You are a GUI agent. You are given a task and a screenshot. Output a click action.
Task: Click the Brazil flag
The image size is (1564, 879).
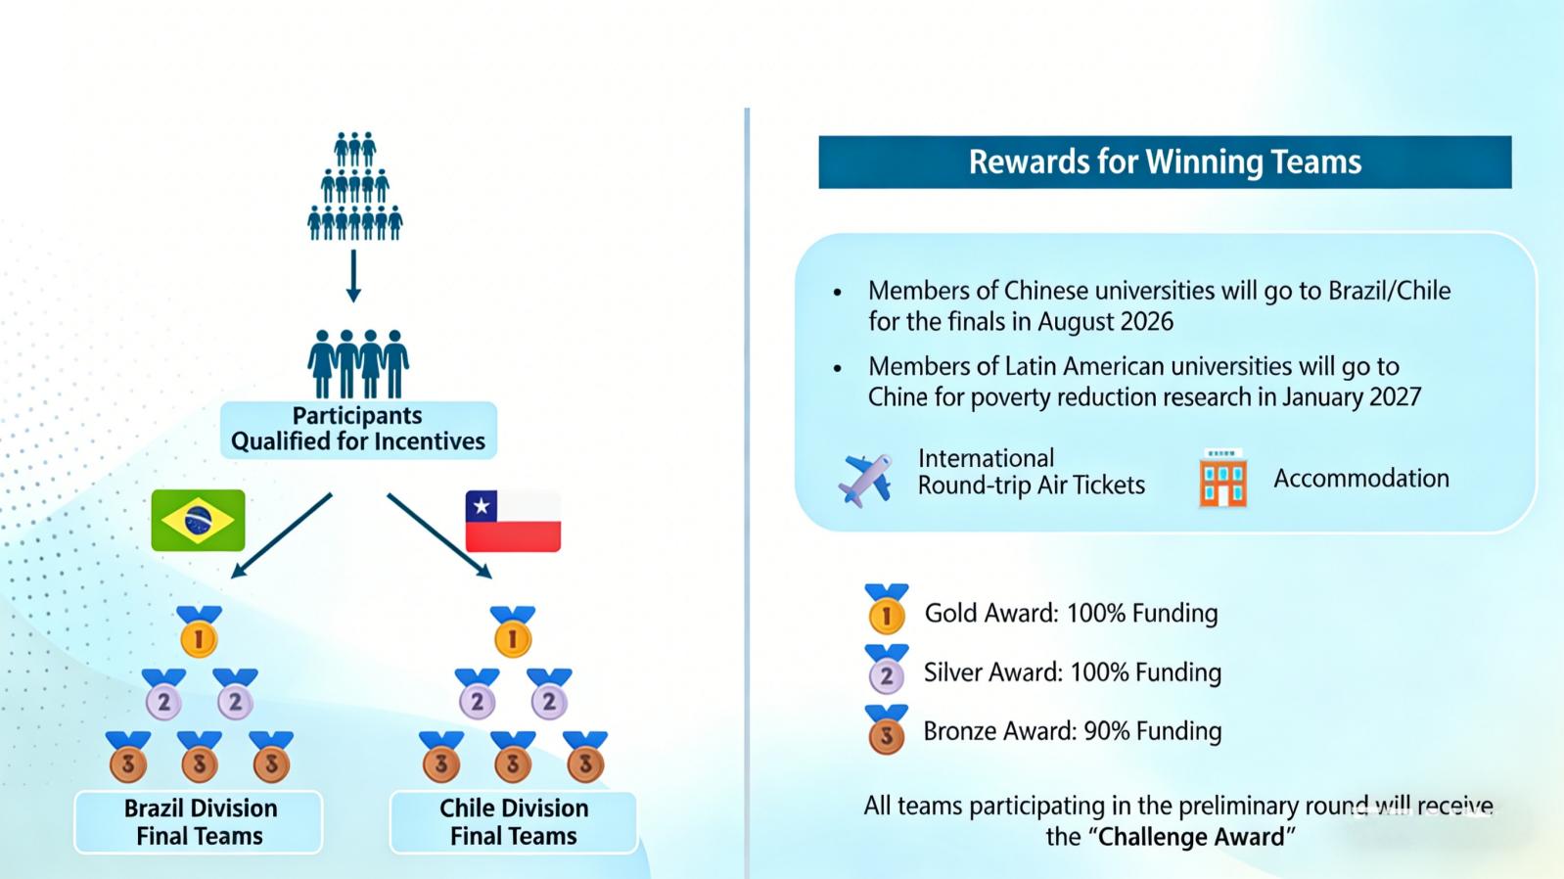[199, 520]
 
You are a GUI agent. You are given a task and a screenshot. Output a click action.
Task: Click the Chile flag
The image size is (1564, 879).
[513, 521]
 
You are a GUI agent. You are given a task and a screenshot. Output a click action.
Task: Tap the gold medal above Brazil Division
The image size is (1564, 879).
[199, 632]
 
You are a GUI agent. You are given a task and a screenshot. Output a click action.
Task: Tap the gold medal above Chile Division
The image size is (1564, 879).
[513, 632]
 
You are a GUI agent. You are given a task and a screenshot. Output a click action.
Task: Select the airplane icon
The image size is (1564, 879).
[866, 480]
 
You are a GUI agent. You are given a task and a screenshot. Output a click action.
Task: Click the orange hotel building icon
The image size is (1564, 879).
[1223, 479]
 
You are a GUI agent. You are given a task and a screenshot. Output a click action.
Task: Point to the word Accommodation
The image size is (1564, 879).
[1361, 479]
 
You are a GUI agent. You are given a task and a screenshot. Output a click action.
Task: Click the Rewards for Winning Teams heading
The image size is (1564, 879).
[1165, 162]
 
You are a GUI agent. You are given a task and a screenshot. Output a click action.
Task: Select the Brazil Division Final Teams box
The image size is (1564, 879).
[199, 822]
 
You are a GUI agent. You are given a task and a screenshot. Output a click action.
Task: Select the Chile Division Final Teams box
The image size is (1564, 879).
[513, 822]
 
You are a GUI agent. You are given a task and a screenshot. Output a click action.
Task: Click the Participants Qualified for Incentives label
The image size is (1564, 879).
[358, 430]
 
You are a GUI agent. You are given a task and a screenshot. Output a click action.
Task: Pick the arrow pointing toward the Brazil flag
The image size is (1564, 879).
[281, 535]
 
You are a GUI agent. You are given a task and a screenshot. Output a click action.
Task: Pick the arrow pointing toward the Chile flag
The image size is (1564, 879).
[439, 535]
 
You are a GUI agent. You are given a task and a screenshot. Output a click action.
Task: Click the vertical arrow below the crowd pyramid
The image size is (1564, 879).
[354, 276]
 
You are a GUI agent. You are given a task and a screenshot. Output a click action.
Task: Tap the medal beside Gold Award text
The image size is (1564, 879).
[887, 609]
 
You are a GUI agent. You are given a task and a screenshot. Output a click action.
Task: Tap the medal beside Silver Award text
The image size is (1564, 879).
[887, 669]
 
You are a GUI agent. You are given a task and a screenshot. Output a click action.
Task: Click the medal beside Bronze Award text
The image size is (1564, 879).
[887, 729]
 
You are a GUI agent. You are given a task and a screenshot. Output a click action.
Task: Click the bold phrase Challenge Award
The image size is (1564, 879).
[1191, 836]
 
